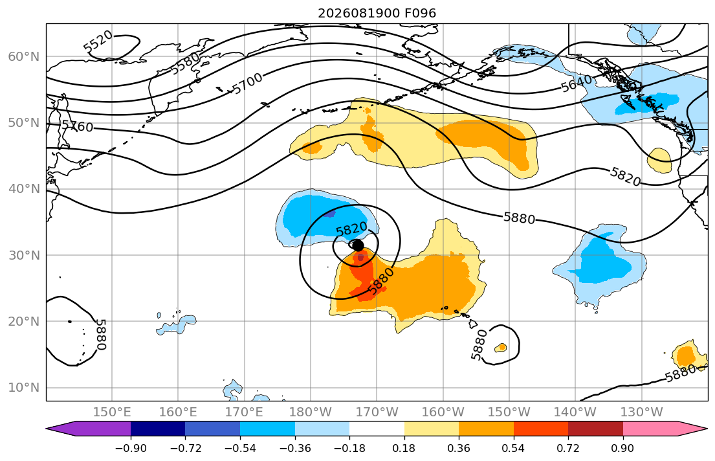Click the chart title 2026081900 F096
pyautogui.click(x=377, y=13)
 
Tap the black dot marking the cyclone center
pyautogui.click(x=358, y=245)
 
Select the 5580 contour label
pyautogui.click(x=184, y=63)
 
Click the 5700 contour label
pyautogui.click(x=248, y=84)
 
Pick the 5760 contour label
pyautogui.click(x=78, y=126)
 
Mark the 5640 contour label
pyautogui.click(x=577, y=84)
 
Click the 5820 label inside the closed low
pyautogui.click(x=351, y=228)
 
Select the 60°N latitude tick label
pyautogui.click(x=24, y=56)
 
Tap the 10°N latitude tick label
pyautogui.click(x=24, y=388)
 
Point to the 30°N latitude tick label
pyautogui.click(x=24, y=255)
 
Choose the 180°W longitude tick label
pyautogui.click(x=311, y=412)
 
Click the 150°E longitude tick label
pyautogui.click(x=112, y=412)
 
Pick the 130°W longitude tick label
pyautogui.click(x=642, y=412)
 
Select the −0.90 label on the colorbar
pyautogui.click(x=131, y=448)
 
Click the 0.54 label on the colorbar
pyautogui.click(x=514, y=448)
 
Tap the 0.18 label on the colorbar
pyautogui.click(x=404, y=448)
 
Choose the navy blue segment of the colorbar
pyautogui.click(x=158, y=429)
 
